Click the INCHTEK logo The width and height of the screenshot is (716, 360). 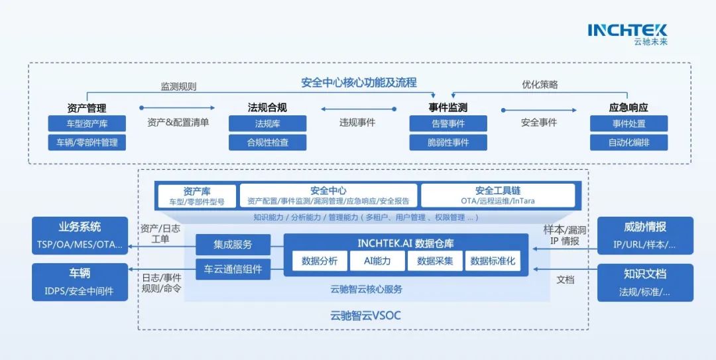click(x=627, y=33)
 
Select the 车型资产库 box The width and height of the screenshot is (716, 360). click(x=87, y=123)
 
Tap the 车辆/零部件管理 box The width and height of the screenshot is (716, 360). click(x=87, y=142)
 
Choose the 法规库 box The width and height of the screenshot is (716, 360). click(x=267, y=123)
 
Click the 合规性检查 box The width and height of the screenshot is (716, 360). click(x=267, y=142)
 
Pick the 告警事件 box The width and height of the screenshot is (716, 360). click(x=448, y=123)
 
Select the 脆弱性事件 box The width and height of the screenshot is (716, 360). click(x=448, y=142)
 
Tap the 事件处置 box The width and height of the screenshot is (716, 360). click(x=628, y=123)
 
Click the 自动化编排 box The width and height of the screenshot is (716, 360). click(x=628, y=142)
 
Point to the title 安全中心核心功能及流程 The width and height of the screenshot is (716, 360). click(x=359, y=83)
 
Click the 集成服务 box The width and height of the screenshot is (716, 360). click(x=233, y=244)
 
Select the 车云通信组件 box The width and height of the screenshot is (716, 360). click(x=233, y=269)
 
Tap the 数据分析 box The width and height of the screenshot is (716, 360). click(x=320, y=261)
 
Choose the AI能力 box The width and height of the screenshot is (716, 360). click(x=377, y=261)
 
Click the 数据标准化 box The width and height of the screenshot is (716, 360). click(x=493, y=261)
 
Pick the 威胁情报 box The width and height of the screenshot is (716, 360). click(x=645, y=235)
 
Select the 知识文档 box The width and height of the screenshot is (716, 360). click(x=645, y=282)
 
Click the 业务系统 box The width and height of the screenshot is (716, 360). click(x=80, y=235)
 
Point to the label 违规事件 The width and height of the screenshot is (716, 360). click(x=357, y=123)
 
